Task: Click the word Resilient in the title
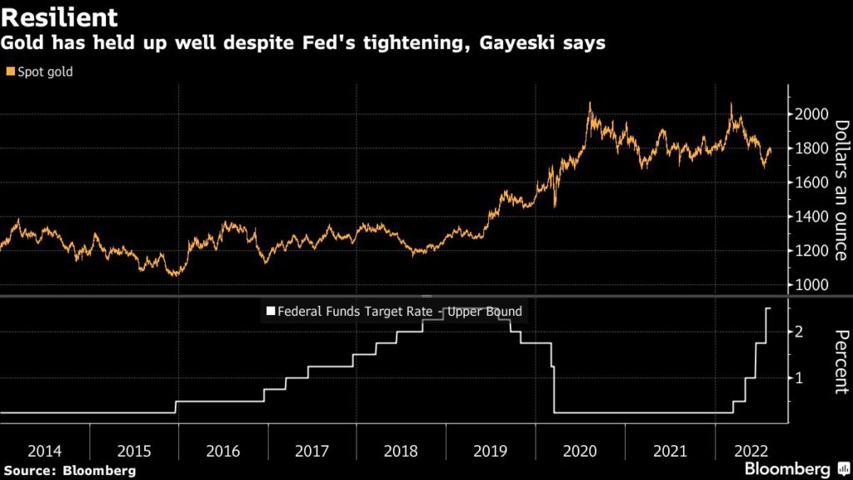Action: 59,17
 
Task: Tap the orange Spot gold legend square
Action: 9,72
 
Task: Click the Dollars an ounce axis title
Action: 841,190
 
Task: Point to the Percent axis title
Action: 841,361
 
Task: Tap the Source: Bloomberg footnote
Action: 68,471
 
